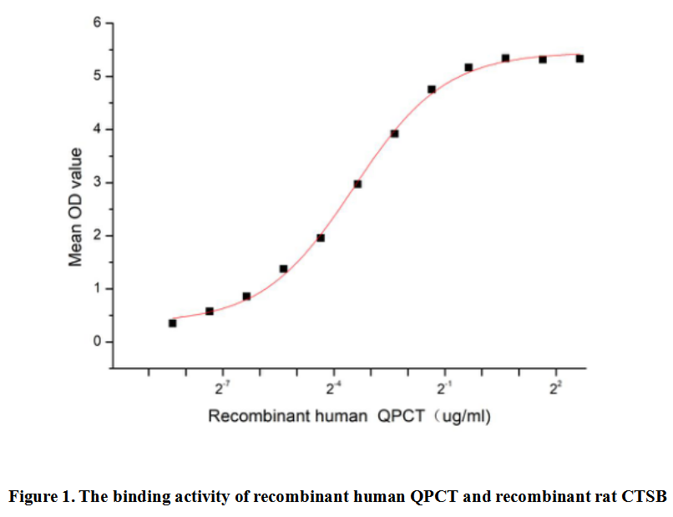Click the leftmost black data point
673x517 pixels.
(x=172, y=323)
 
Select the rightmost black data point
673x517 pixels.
(x=579, y=58)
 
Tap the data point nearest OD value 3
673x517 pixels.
(x=357, y=184)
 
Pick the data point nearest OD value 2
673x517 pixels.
(x=321, y=238)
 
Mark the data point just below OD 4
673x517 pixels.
(x=394, y=134)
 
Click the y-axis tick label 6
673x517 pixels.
(x=97, y=23)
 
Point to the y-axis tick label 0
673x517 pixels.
(x=97, y=342)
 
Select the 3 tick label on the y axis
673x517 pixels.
(x=97, y=183)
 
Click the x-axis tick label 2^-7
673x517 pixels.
(x=222, y=388)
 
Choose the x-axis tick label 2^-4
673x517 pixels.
(x=333, y=388)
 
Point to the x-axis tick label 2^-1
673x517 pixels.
(x=444, y=388)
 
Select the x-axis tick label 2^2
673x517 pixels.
(x=555, y=388)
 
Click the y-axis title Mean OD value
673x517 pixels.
(x=76, y=207)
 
